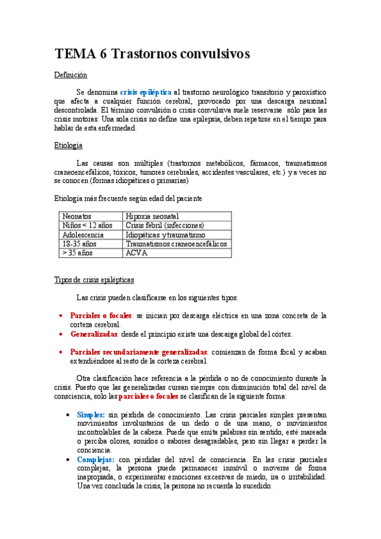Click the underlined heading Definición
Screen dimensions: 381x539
pyautogui.click(x=70, y=75)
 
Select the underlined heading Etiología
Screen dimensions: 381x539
pyautogui.click(x=69, y=146)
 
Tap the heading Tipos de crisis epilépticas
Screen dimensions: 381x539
pyautogui.click(x=94, y=280)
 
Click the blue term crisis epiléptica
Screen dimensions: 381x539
pyautogui.click(x=145, y=92)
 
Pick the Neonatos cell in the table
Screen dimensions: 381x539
pyautogui.click(x=77, y=217)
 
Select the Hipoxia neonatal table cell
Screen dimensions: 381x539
pyautogui.click(x=153, y=217)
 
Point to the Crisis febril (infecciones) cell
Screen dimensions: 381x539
pyautogui.click(x=165, y=226)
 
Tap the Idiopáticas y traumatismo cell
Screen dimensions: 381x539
pyautogui.click(x=165, y=235)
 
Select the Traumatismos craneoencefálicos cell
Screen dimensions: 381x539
pyautogui.click(x=176, y=243)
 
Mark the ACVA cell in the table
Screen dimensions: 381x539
pyautogui.click(x=136, y=252)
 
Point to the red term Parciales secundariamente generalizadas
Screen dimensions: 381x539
pyautogui.click(x=139, y=351)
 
